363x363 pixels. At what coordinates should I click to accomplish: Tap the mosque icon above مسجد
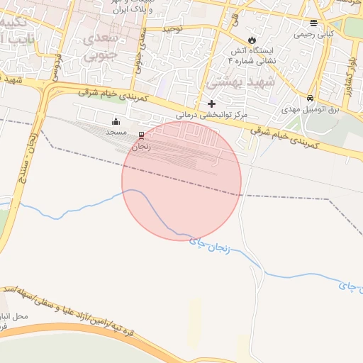click(x=116, y=122)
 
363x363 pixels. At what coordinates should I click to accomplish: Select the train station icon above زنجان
click(x=142, y=135)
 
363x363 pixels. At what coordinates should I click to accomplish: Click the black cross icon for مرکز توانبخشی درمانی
click(x=211, y=104)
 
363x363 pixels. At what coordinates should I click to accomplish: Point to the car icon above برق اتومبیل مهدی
click(x=311, y=98)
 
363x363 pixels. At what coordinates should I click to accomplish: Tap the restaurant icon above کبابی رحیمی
click(x=314, y=23)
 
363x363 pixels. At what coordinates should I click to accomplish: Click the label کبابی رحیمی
click(x=314, y=33)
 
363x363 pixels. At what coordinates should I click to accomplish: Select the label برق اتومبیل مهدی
click(x=311, y=109)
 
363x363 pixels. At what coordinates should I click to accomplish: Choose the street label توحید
click(x=174, y=29)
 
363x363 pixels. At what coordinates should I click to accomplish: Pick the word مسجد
click(x=116, y=133)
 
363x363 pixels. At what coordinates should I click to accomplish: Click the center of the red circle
click(x=181, y=181)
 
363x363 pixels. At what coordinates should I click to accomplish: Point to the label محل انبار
click(x=14, y=316)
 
